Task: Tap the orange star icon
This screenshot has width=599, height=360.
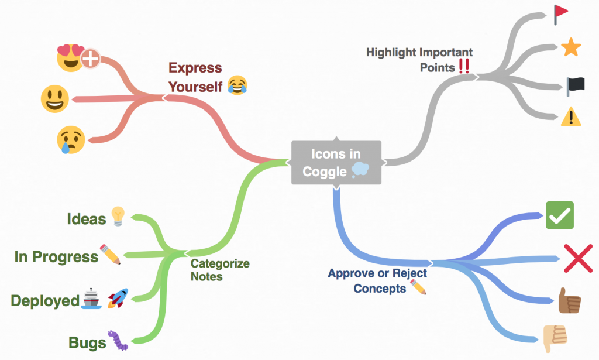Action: [x=571, y=47]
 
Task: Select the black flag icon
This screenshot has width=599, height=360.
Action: [x=576, y=87]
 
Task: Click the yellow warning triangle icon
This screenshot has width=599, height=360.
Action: [x=571, y=116]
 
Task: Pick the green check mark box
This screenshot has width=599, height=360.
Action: [x=560, y=215]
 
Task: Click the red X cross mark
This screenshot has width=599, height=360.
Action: [x=579, y=258]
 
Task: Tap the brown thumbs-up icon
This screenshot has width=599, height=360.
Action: [x=569, y=300]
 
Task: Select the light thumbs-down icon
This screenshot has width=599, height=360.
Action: [x=555, y=338]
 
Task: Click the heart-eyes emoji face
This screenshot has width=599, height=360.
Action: [x=71, y=58]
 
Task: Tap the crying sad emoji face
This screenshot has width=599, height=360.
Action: [x=71, y=140]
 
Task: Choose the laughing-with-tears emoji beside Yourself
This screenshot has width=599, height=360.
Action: [x=237, y=85]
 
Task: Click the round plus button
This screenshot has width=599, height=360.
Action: [x=91, y=59]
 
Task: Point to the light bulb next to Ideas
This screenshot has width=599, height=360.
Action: [x=118, y=217]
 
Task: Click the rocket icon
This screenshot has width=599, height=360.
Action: [x=118, y=299]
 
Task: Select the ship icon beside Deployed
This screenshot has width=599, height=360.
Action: [x=91, y=299]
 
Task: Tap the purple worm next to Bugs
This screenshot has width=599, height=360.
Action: [x=118, y=340]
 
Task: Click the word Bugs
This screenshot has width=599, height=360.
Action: [x=87, y=343]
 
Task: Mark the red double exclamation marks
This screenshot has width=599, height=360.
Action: [x=464, y=66]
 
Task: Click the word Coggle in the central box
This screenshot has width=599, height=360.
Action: [x=324, y=172]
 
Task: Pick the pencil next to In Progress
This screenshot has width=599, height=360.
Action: [x=110, y=255]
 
